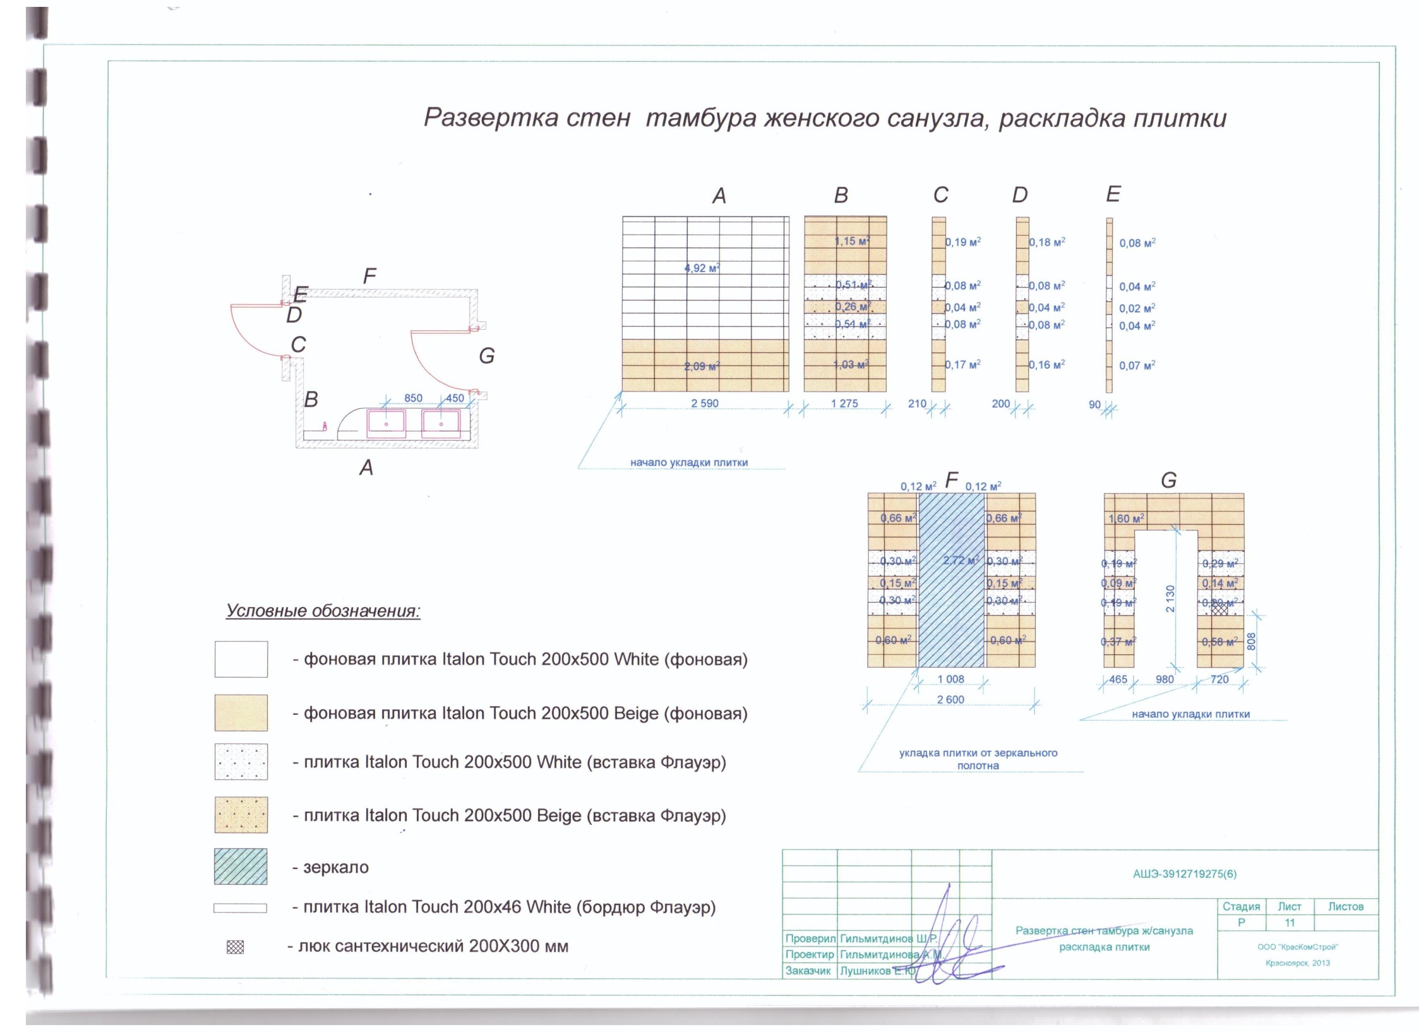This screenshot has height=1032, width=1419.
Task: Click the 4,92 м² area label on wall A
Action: tap(702, 268)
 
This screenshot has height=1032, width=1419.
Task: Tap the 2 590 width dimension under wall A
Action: tap(704, 404)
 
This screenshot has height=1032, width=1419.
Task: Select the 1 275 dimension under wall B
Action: tap(844, 404)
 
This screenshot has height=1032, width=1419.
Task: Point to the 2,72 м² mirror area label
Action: tap(961, 560)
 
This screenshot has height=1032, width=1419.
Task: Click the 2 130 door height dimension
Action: tap(1170, 598)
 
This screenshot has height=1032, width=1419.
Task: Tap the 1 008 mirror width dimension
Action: tap(950, 679)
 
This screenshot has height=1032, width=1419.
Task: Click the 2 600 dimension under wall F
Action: tap(950, 700)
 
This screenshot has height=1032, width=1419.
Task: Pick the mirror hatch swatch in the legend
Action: tap(241, 867)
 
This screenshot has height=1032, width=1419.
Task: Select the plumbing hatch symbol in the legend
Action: tap(235, 947)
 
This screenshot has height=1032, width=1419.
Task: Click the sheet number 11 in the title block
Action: tap(1290, 923)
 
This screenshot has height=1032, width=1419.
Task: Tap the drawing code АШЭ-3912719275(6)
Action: tap(1185, 874)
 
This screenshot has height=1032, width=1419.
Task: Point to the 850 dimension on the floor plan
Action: tap(413, 399)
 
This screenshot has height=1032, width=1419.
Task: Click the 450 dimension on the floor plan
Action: tap(455, 399)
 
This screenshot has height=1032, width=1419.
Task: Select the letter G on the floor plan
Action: tap(486, 356)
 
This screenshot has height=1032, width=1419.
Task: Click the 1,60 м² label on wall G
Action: tap(1126, 519)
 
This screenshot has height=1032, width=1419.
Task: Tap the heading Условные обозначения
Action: tap(323, 611)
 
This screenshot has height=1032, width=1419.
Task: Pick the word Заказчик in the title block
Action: tap(808, 971)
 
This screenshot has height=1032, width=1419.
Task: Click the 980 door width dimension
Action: tap(1165, 680)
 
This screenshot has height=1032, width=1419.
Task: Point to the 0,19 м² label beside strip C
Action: tap(963, 242)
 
